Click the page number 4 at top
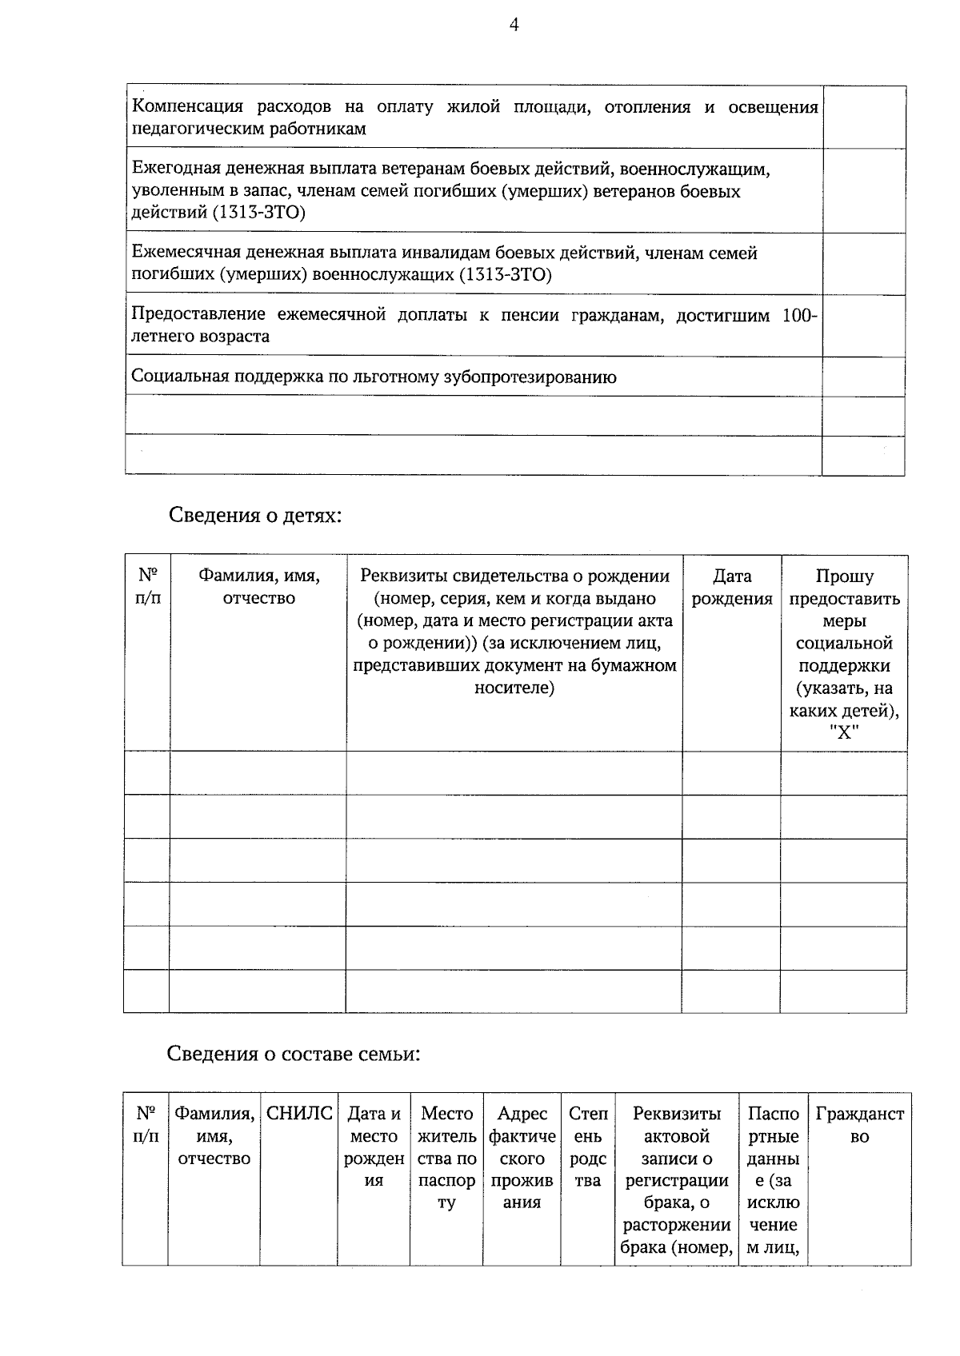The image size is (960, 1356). coord(514,26)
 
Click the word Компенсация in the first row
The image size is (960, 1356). coord(183,107)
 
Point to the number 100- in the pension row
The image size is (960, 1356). coord(799,315)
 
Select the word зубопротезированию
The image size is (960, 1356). coord(530,377)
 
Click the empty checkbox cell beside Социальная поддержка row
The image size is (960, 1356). coord(863,377)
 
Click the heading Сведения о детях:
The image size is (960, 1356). coord(255,516)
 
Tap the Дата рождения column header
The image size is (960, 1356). coord(731,587)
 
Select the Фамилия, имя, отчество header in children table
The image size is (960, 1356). coord(258,587)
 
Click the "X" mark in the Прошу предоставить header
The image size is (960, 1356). coord(844,732)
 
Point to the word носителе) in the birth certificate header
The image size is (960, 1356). coord(514,688)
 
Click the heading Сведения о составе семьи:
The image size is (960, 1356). coord(294,1054)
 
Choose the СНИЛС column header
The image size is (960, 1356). coord(298,1114)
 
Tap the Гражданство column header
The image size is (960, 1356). coord(859,1124)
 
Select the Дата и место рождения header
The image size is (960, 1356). coord(374,1147)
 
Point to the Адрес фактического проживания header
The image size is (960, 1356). coord(522,1157)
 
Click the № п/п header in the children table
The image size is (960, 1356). coord(147,587)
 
